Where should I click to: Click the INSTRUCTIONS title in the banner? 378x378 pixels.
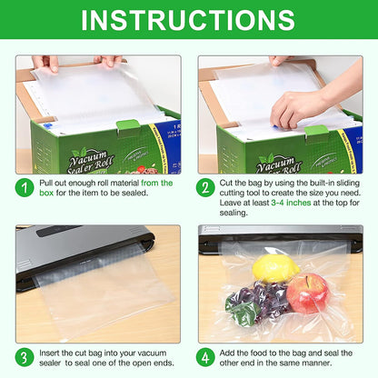(x=189, y=20)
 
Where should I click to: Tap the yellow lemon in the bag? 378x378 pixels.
(x=275, y=267)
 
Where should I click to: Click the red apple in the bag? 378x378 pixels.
(x=307, y=293)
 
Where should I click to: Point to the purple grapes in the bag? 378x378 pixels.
(x=264, y=296)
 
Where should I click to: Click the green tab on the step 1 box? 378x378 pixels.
(x=128, y=125)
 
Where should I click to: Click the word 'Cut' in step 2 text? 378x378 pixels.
(x=231, y=183)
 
